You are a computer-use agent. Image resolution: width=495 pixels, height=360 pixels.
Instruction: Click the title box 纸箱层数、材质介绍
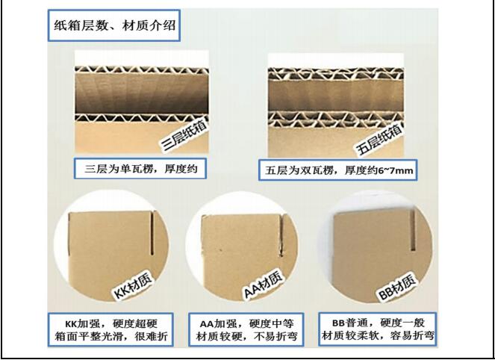[x=114, y=25]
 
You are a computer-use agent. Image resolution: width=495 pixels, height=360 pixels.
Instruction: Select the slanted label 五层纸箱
[x=380, y=139]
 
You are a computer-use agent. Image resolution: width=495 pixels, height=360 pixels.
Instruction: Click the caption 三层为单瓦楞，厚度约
[x=141, y=169]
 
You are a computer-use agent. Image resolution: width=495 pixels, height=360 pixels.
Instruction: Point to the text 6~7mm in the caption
[x=396, y=171]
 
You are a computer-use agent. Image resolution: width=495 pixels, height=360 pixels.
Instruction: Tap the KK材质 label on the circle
[x=133, y=286]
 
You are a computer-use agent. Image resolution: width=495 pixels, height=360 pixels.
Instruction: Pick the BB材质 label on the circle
[x=396, y=287]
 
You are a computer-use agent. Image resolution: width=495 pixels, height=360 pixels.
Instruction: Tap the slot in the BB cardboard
[x=412, y=230]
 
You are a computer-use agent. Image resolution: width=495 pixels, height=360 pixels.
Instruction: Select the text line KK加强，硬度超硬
[x=111, y=323]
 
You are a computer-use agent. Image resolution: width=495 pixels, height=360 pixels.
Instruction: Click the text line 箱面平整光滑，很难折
[x=111, y=336]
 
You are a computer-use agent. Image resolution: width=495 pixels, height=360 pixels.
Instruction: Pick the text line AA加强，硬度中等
[x=246, y=323]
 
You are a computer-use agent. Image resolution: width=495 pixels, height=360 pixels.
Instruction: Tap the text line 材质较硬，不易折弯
[x=246, y=336]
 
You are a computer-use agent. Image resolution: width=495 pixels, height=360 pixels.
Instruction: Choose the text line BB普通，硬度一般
[x=379, y=323]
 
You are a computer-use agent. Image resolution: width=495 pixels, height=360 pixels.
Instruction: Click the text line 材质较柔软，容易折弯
[x=379, y=335]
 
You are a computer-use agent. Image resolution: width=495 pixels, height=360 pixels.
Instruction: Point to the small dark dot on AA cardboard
[x=220, y=251]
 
